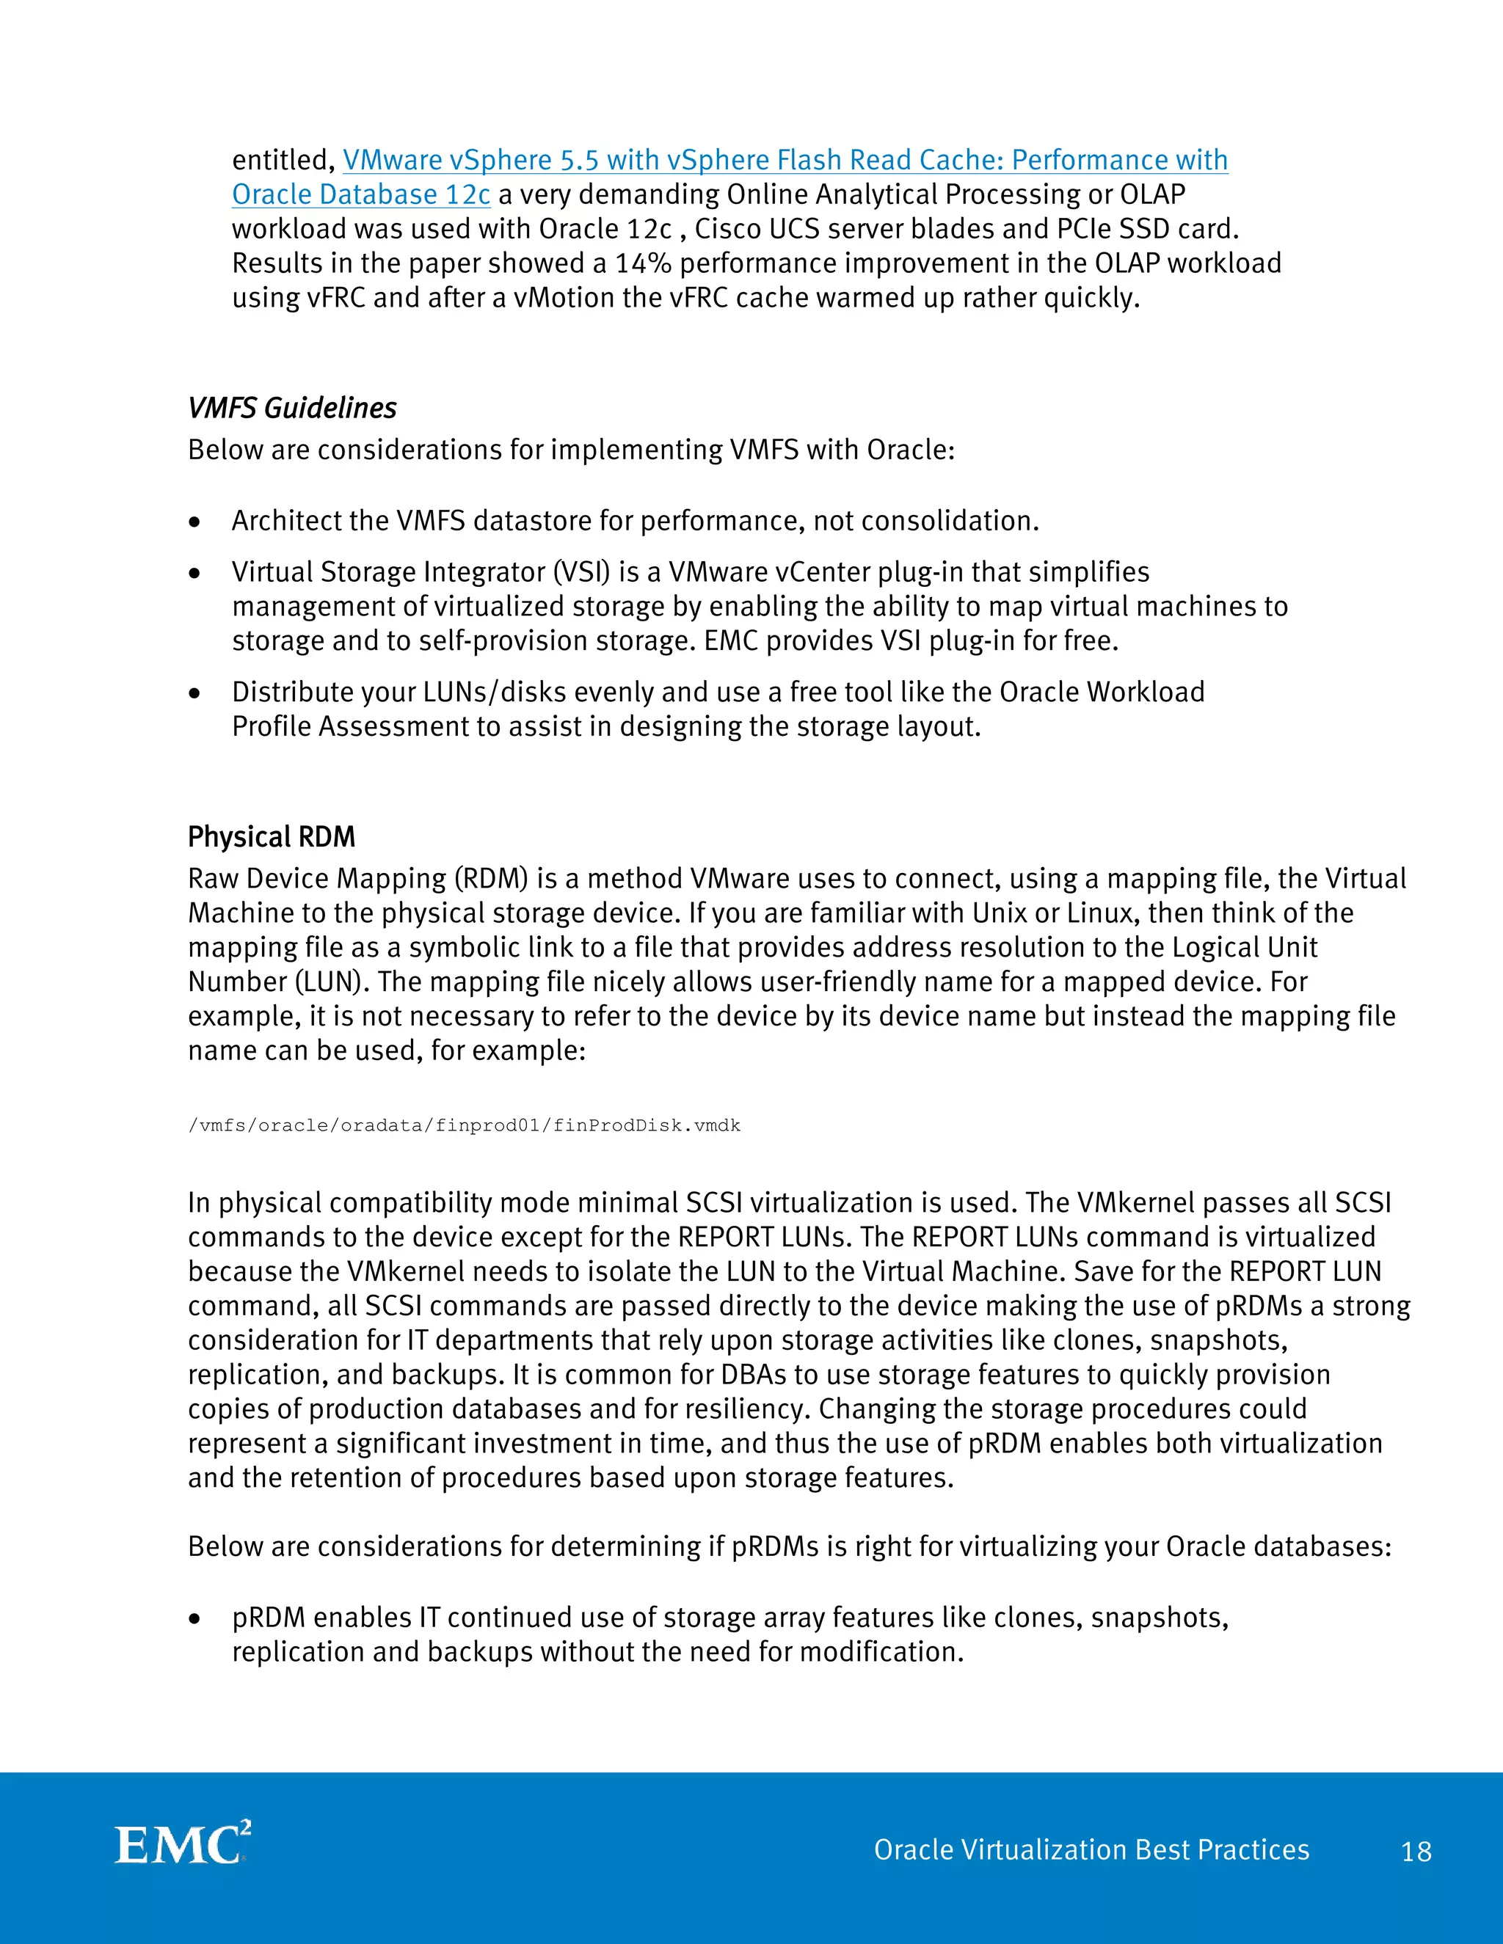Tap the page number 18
(x=1416, y=1852)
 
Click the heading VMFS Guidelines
(x=292, y=408)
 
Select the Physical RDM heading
(x=271, y=837)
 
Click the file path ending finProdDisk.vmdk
(x=464, y=1125)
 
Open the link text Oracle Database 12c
(x=360, y=194)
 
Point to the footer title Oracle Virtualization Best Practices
(x=1091, y=1849)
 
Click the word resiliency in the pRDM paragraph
(x=751, y=1409)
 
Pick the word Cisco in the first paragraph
(x=727, y=229)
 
